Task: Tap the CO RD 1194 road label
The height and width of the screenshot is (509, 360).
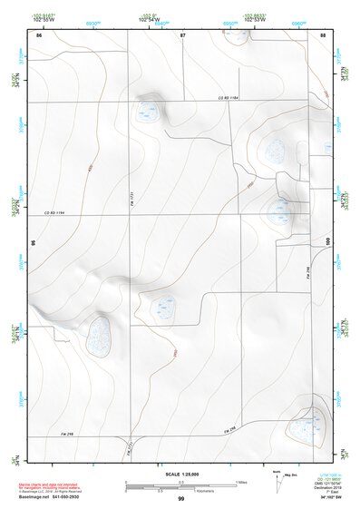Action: pos(56,212)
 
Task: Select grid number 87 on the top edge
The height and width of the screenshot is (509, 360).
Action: pos(182,34)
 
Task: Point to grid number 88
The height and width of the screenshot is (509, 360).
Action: pos(323,34)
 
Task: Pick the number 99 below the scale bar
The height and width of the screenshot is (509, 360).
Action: pos(181,499)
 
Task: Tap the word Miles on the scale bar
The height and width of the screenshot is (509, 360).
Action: pos(240,481)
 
